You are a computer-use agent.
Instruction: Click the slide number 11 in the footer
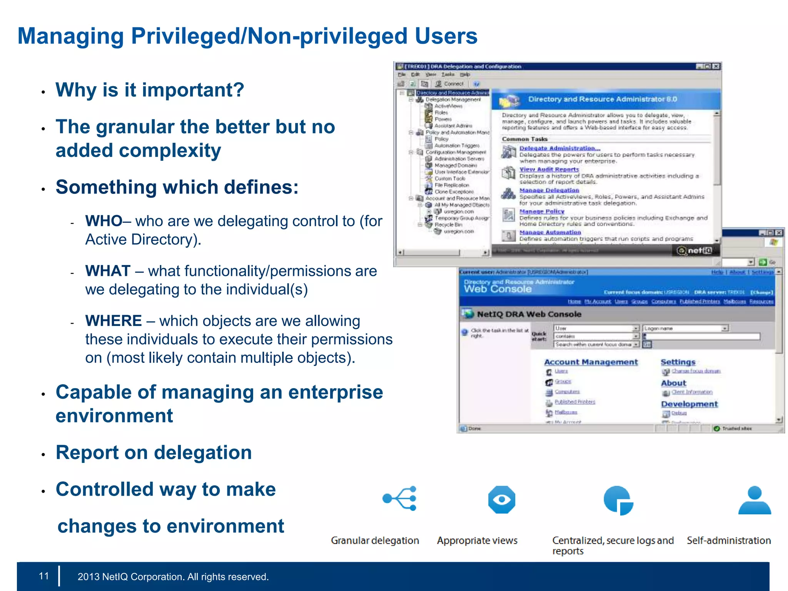tap(44, 576)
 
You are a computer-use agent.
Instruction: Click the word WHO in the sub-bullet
tap(104, 221)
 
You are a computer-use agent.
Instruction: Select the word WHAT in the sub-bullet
tap(108, 271)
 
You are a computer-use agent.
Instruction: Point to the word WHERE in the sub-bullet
tap(114, 321)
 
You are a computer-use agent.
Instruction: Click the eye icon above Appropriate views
tap(501, 499)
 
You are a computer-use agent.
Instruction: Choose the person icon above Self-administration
tap(755, 500)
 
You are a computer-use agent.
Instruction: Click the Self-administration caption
tap(729, 541)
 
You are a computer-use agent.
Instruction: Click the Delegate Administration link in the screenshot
tap(559, 148)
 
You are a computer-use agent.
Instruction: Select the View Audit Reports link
tap(549, 169)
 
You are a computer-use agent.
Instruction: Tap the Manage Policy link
tap(542, 211)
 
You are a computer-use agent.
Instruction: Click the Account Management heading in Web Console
tap(591, 362)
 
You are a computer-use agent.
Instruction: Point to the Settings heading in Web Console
tap(678, 362)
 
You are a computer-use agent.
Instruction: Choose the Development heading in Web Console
tap(689, 404)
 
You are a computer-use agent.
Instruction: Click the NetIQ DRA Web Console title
tap(529, 314)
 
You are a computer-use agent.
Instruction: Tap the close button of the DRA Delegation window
tap(716, 67)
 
